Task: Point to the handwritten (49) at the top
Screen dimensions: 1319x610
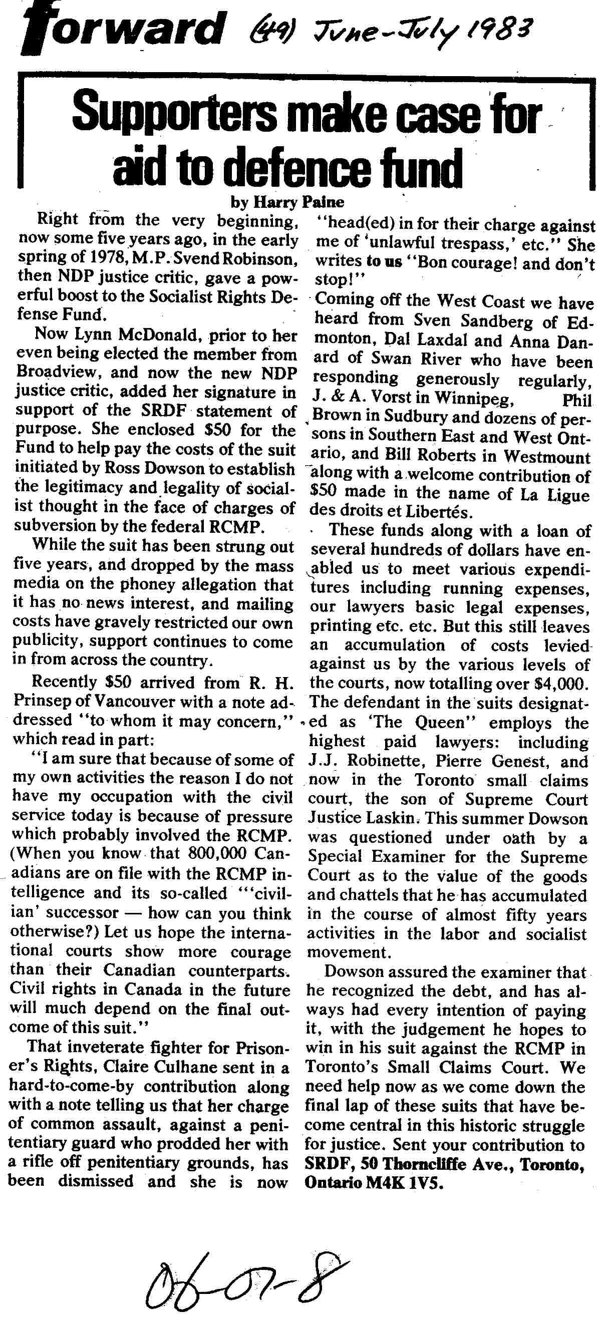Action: tap(267, 29)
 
